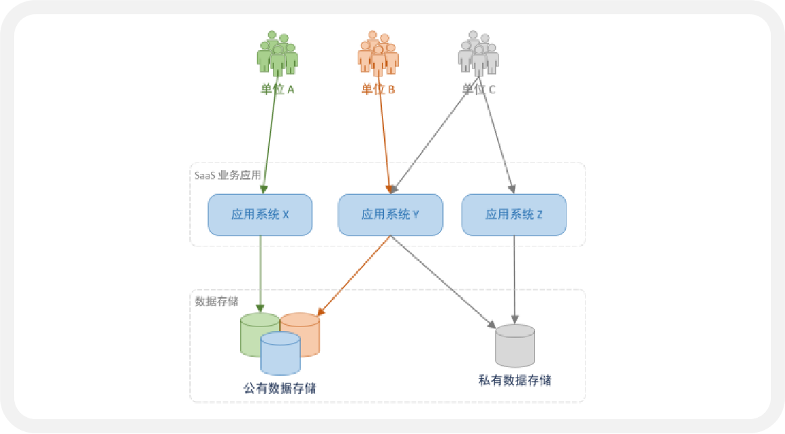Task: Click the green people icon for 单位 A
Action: [277, 53]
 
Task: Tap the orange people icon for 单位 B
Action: [377, 53]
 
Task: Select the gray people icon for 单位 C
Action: [478, 53]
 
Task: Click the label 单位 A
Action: [277, 89]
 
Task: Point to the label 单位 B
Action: [377, 89]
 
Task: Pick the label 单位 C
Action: [478, 89]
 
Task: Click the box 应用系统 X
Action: [260, 215]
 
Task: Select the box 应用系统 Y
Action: [390, 215]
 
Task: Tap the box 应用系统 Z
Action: [514, 215]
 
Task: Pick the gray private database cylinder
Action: [515, 345]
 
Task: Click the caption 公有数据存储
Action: [280, 389]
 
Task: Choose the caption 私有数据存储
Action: [514, 381]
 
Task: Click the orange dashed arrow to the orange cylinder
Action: [354, 276]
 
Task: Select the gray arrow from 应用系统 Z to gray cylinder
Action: [515, 278]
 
